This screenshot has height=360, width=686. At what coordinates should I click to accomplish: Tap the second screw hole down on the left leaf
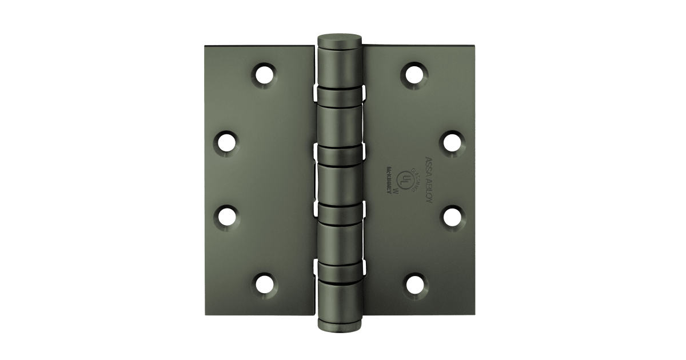coord(228,140)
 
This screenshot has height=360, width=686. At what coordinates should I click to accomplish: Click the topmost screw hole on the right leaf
coord(414,73)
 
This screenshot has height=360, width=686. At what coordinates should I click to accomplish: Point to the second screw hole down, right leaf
coord(452,140)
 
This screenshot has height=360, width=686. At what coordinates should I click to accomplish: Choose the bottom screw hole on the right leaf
coord(414,283)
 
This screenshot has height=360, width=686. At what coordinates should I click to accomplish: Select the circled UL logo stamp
coord(406,178)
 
